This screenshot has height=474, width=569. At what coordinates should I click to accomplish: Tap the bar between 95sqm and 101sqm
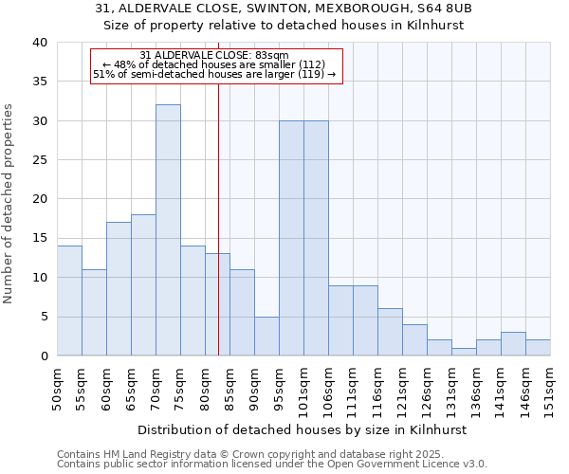point(291,238)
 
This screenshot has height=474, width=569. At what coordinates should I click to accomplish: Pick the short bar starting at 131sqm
point(464,352)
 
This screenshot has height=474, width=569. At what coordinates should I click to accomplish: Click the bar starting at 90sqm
point(266,336)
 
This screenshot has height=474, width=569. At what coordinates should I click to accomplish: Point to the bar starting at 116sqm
point(390,332)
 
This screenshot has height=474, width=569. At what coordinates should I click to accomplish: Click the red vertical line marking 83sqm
point(218,237)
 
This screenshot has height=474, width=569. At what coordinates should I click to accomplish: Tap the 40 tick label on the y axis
point(39,43)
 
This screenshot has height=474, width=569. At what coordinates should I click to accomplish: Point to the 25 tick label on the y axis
point(39,160)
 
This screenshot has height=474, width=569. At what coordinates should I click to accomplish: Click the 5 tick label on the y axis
point(43,317)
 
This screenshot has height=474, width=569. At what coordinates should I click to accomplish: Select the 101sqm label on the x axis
point(304,387)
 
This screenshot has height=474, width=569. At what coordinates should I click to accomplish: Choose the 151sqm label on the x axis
point(551,387)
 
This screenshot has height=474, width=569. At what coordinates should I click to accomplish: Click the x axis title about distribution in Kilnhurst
point(303,429)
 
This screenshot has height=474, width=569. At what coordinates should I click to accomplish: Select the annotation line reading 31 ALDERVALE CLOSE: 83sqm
point(213,55)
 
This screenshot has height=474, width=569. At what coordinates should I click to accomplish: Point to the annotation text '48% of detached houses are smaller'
point(213,64)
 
